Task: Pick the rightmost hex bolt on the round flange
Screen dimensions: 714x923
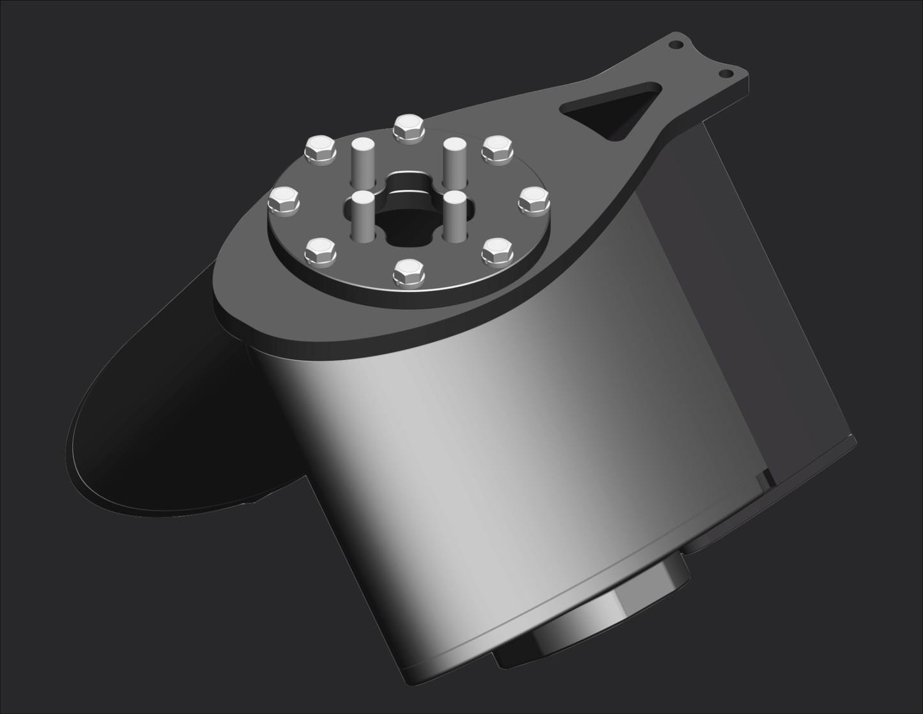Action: [534, 200]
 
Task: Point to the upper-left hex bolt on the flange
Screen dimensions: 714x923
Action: [321, 150]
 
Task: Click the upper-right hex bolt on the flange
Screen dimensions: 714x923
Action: [498, 149]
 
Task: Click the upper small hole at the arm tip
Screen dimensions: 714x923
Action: [676, 45]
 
